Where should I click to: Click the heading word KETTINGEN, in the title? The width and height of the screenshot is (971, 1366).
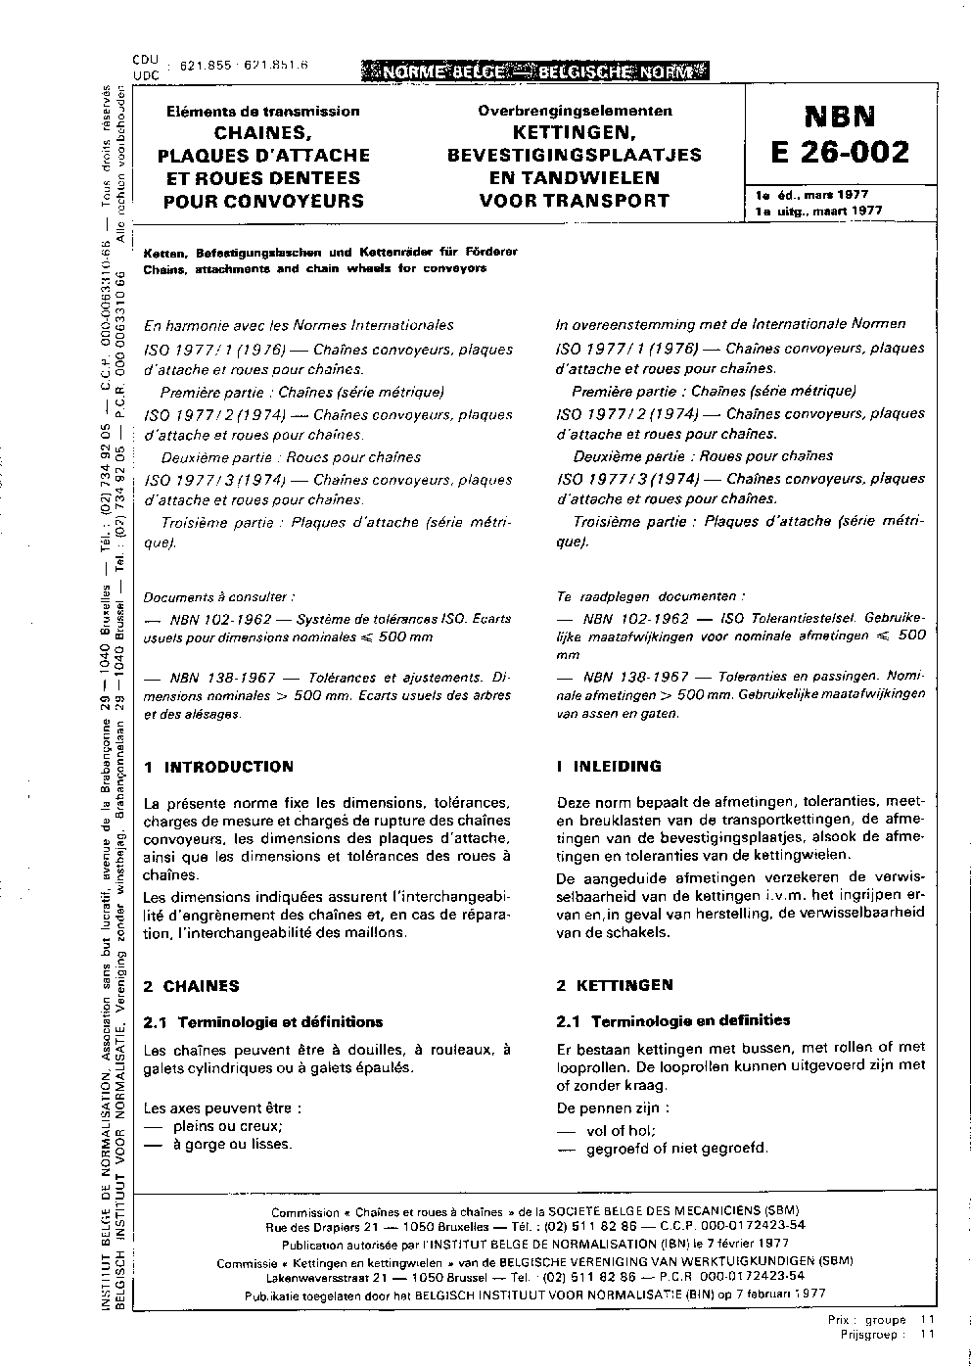coord(575,132)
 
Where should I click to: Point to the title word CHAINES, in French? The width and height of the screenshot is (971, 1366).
coord(262,132)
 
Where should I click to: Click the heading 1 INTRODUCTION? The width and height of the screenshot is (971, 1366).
coord(217,767)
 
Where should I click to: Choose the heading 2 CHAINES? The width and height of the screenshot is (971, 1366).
coord(191,986)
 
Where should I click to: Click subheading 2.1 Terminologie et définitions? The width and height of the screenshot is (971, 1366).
coord(262,1022)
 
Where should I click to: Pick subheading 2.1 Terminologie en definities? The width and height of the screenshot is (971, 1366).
coord(672,1020)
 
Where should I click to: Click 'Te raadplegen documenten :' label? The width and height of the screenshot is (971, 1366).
coord(650,595)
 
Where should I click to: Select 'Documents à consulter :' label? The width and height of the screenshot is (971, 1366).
coord(219,596)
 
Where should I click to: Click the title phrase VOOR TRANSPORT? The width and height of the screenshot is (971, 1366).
coord(575,201)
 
